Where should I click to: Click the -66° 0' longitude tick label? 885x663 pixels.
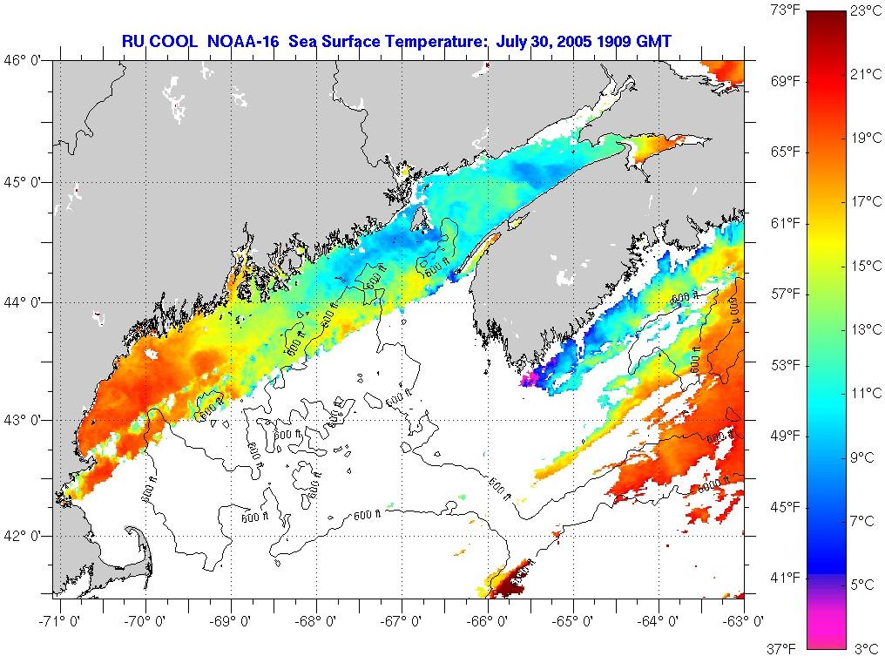click(x=490, y=621)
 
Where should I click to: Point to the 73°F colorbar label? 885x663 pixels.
click(x=785, y=10)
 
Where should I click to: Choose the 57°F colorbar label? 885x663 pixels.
click(x=785, y=294)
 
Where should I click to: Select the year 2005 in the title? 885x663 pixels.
click(x=561, y=40)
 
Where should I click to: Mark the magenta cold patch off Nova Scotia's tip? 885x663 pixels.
click(x=529, y=379)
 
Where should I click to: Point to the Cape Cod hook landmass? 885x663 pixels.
click(x=138, y=547)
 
